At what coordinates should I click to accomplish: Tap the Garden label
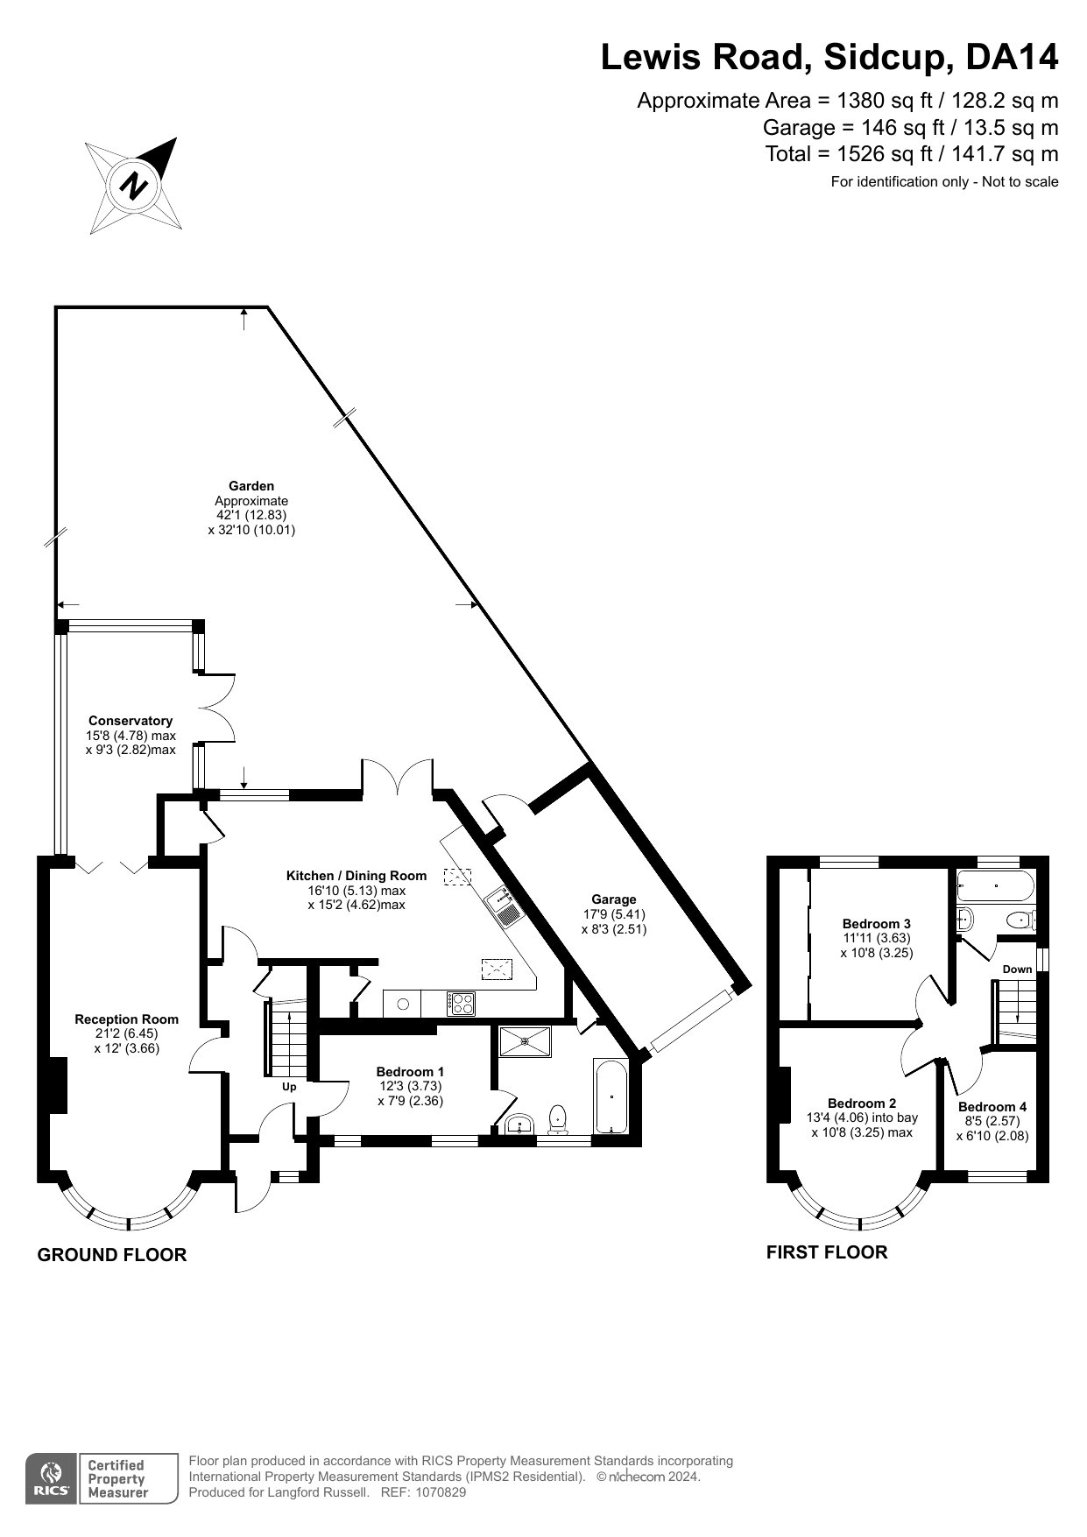[x=251, y=486]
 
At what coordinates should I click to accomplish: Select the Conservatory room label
[x=131, y=721]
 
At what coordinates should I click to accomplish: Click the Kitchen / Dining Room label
[x=356, y=876]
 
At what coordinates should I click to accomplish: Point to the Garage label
[x=614, y=899]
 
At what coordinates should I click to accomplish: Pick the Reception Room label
[x=127, y=1019]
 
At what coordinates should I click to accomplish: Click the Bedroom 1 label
[x=410, y=1072]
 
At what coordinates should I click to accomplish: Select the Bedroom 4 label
[x=992, y=1107]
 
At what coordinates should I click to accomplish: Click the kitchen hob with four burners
[x=462, y=1003]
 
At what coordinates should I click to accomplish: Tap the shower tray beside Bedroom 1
[x=525, y=1042]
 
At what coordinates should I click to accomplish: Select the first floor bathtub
[x=996, y=885]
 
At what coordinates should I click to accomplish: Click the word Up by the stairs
[x=289, y=1087]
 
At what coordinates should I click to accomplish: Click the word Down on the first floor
[x=1018, y=969]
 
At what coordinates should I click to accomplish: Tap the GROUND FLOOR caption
[x=112, y=1255]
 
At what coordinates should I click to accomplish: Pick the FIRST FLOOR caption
[x=827, y=1252]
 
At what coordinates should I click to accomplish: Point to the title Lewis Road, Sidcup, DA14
[x=829, y=58]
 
